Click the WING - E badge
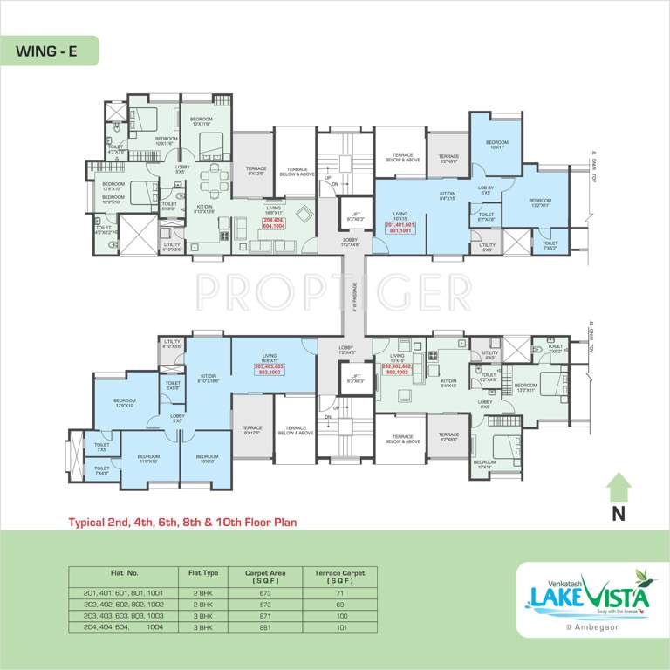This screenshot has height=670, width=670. pos(48,51)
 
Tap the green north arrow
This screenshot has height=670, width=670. pos(619,484)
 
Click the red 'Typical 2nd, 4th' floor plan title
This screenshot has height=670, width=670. pos(183,523)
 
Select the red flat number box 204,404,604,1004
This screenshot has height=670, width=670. pos(273,222)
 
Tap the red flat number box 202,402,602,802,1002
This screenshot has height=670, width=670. pos(401,369)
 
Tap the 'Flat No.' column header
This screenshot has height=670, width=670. pos(125,573)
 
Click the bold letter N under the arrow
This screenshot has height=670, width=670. pos(619,514)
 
